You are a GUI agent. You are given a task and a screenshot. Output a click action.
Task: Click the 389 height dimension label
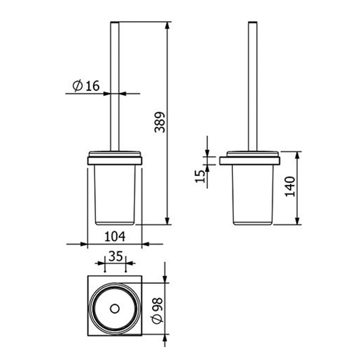point(160,122)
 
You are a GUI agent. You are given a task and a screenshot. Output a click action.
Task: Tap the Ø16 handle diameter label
point(86,86)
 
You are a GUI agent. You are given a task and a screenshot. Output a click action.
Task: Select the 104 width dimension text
point(115,236)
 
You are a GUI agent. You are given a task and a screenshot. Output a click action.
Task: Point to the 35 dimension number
point(115,256)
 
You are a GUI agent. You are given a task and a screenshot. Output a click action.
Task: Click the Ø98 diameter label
point(158,310)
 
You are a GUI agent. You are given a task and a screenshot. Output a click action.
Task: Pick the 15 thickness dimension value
point(200,176)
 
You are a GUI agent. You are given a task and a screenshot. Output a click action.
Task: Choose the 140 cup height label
point(290,186)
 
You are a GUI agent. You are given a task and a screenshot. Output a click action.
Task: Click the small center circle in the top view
point(115,308)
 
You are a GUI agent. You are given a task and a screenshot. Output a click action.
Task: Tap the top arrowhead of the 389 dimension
point(168,25)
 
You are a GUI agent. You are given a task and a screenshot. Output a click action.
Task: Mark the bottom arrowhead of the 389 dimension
point(168,221)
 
